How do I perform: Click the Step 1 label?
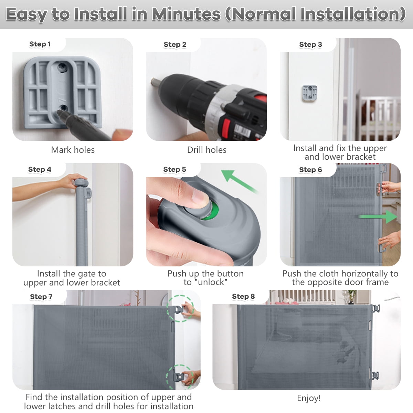40,44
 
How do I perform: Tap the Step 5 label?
174,169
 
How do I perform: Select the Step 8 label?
243,296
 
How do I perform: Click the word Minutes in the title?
186,14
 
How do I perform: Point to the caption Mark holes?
73,150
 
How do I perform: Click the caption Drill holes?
206,150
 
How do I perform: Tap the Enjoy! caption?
309,398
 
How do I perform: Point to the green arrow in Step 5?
239,181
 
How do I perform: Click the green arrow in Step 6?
378,217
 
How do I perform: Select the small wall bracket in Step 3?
309,93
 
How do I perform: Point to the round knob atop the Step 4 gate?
81,183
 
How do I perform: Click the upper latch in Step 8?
375,308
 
